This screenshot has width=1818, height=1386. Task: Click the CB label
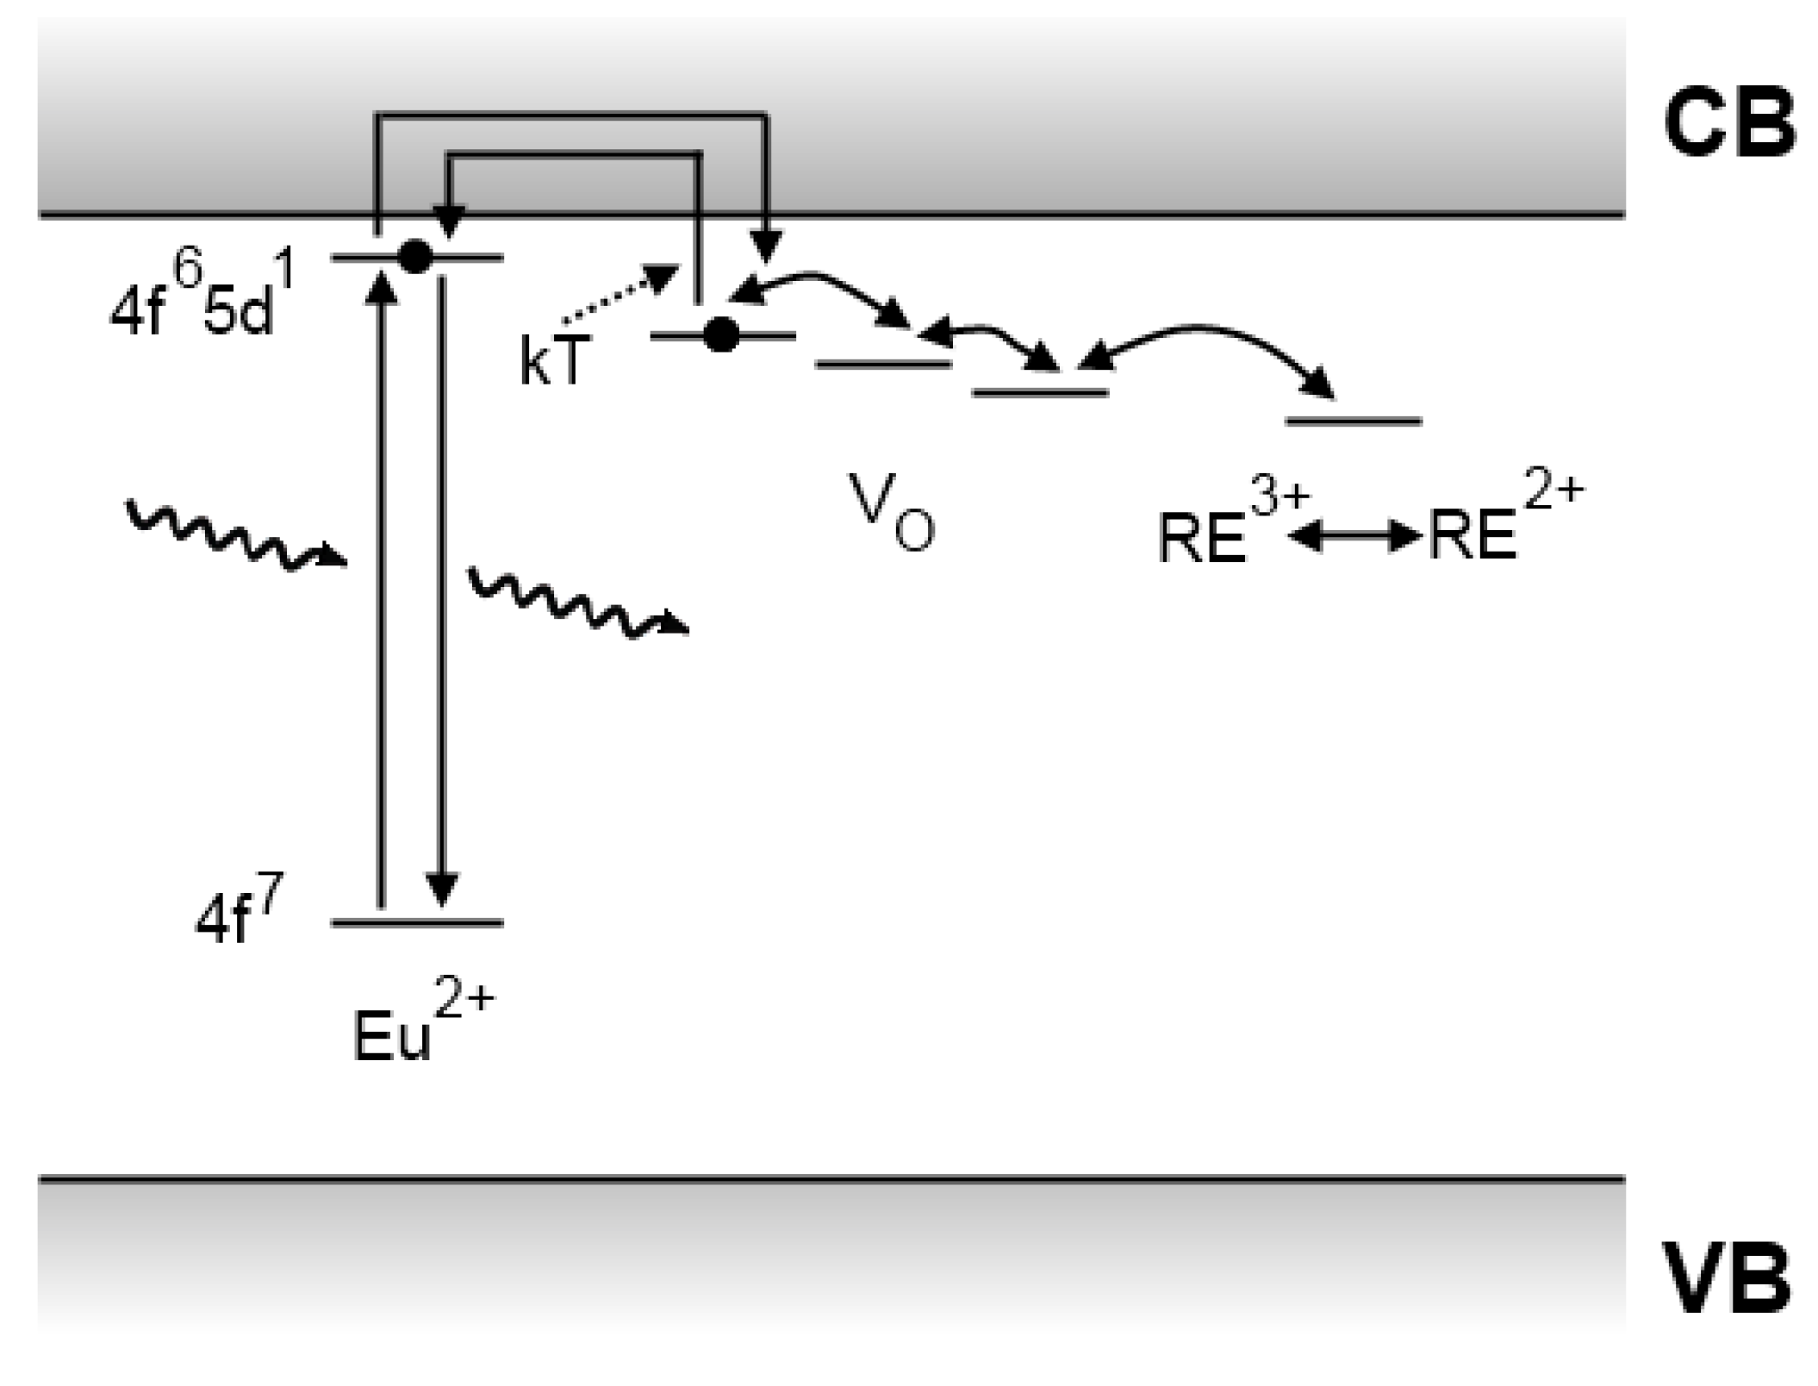[1728, 124]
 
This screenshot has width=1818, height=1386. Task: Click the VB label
[1727, 1277]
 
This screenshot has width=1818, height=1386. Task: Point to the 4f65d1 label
[203, 297]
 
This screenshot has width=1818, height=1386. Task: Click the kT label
[555, 359]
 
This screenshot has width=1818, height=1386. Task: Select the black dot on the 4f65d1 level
[415, 256]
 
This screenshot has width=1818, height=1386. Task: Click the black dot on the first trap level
[721, 334]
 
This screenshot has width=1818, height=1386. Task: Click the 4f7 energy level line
[417, 923]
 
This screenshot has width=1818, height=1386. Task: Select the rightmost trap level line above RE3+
[1353, 421]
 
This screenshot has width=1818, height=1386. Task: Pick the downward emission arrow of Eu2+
[442, 586]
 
